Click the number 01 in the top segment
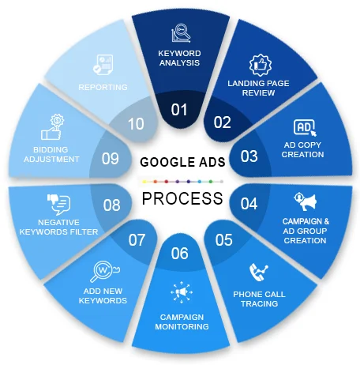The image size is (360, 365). (179, 110)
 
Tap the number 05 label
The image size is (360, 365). (223, 239)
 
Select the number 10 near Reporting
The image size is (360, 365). (136, 124)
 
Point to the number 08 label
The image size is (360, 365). (112, 205)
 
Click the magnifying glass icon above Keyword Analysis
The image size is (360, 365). (181, 33)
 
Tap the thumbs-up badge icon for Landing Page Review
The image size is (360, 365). (261, 65)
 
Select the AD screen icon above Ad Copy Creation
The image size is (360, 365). (305, 128)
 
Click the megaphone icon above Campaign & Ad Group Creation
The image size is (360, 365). (306, 201)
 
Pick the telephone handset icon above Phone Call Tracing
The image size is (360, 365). (258, 272)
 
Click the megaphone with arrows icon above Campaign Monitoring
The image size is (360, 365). (182, 292)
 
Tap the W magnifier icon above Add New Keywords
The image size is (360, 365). (105, 271)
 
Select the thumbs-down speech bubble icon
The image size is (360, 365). (58, 205)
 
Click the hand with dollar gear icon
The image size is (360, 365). (53, 126)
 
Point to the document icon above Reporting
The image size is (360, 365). (103, 65)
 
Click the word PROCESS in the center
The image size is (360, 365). (182, 198)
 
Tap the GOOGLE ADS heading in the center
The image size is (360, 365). (182, 162)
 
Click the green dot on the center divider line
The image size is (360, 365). (211, 182)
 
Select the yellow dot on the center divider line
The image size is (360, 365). (144, 182)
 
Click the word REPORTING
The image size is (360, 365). (103, 87)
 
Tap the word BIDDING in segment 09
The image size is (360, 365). (51, 149)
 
